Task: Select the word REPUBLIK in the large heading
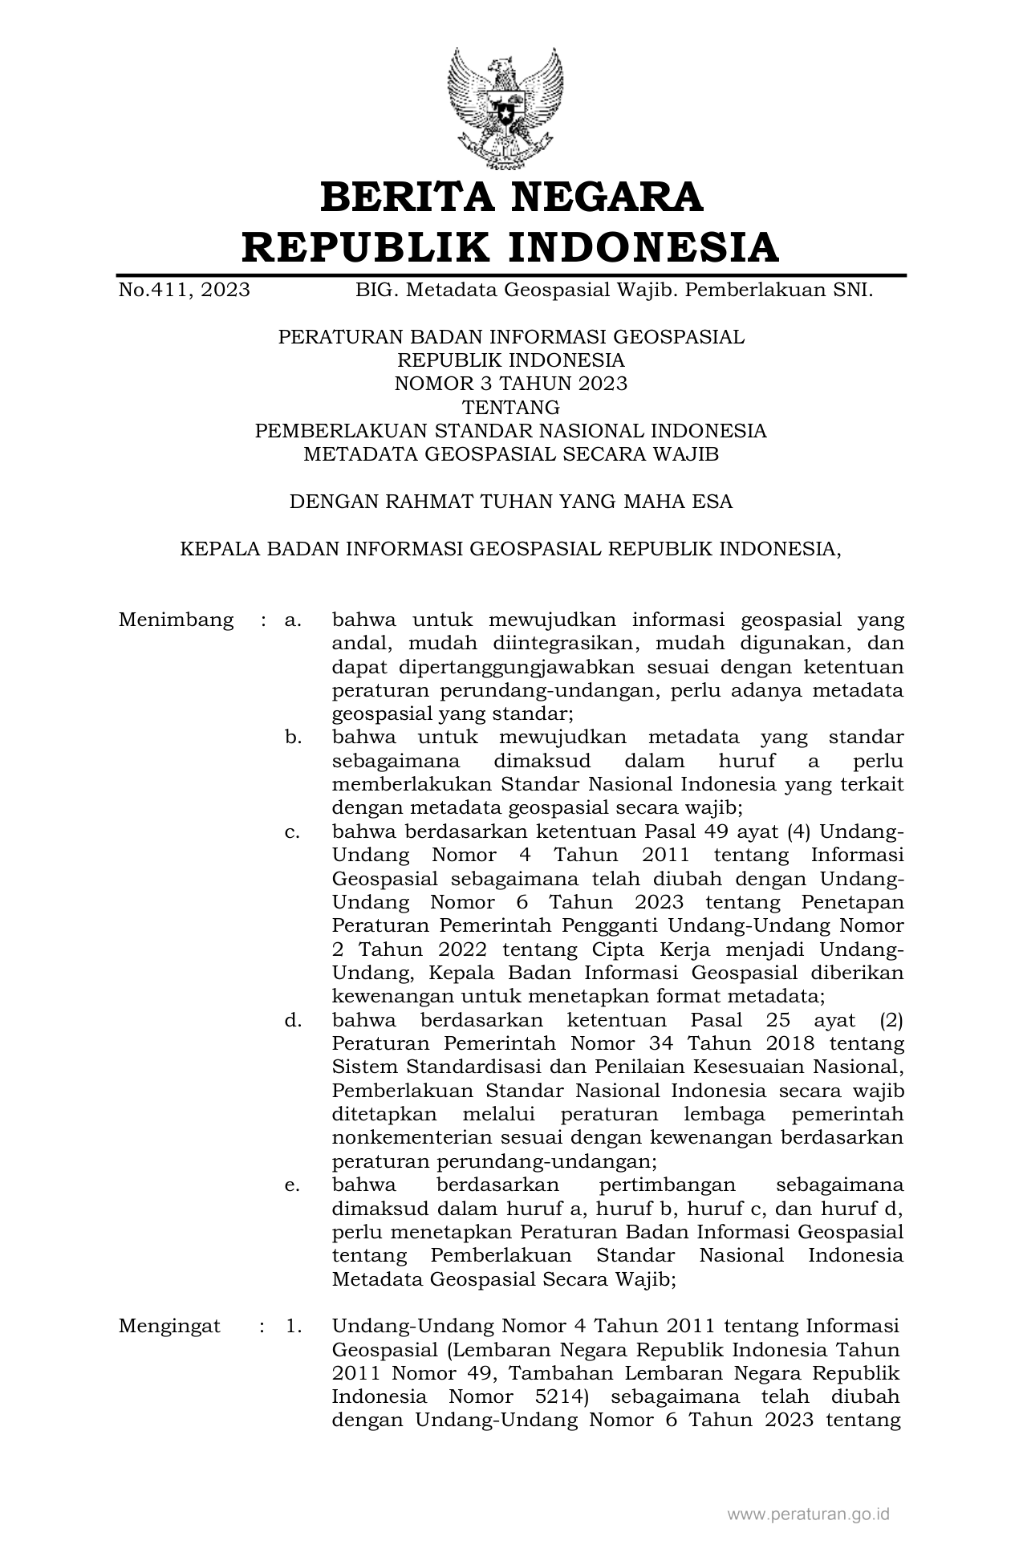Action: pyautogui.click(x=366, y=247)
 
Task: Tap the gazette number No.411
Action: pyautogui.click(x=154, y=290)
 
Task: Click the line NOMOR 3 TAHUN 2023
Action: pyautogui.click(x=510, y=384)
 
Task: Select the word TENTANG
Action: pyautogui.click(x=510, y=407)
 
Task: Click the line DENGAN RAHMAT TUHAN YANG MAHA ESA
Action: pyautogui.click(x=510, y=502)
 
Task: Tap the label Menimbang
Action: pyautogui.click(x=176, y=620)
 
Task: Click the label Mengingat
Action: pyautogui.click(x=169, y=1326)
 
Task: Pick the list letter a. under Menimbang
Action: pyautogui.click(x=293, y=620)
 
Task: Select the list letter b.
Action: pyautogui.click(x=293, y=737)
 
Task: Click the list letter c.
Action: pyautogui.click(x=293, y=831)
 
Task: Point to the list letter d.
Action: pyautogui.click(x=293, y=1020)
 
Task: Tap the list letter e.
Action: pyautogui.click(x=293, y=1185)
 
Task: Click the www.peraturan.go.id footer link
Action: pyautogui.click(x=809, y=1515)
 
